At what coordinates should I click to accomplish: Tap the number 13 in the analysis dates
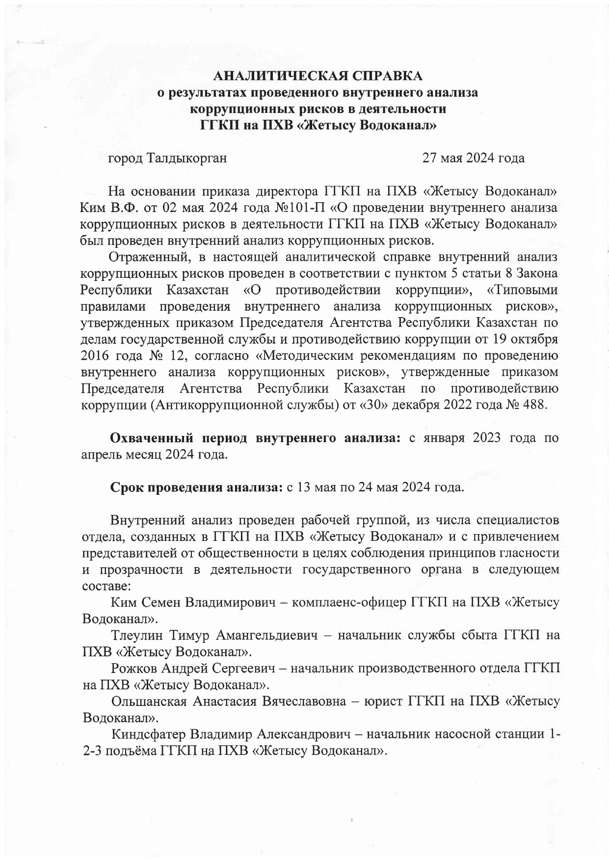coord(303,488)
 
